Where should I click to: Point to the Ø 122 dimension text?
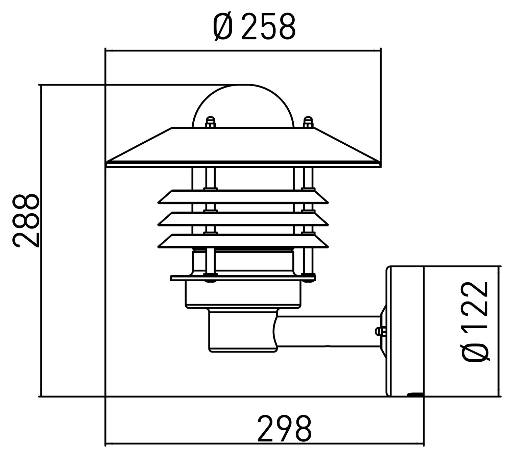pyautogui.click(x=476, y=321)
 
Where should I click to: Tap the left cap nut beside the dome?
pyautogui.click(x=210, y=122)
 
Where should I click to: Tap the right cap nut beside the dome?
pyautogui.click(x=308, y=122)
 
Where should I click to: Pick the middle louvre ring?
pyautogui.click(x=243, y=219)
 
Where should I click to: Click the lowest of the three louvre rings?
pyautogui.click(x=243, y=241)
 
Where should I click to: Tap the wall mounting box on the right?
pyautogui.click(x=405, y=331)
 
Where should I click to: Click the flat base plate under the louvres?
pyautogui.click(x=243, y=278)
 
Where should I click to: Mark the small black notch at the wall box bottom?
pyautogui.click(x=415, y=394)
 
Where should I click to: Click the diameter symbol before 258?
pyautogui.click(x=223, y=27)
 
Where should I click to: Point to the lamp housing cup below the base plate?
pyautogui.click(x=243, y=295)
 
